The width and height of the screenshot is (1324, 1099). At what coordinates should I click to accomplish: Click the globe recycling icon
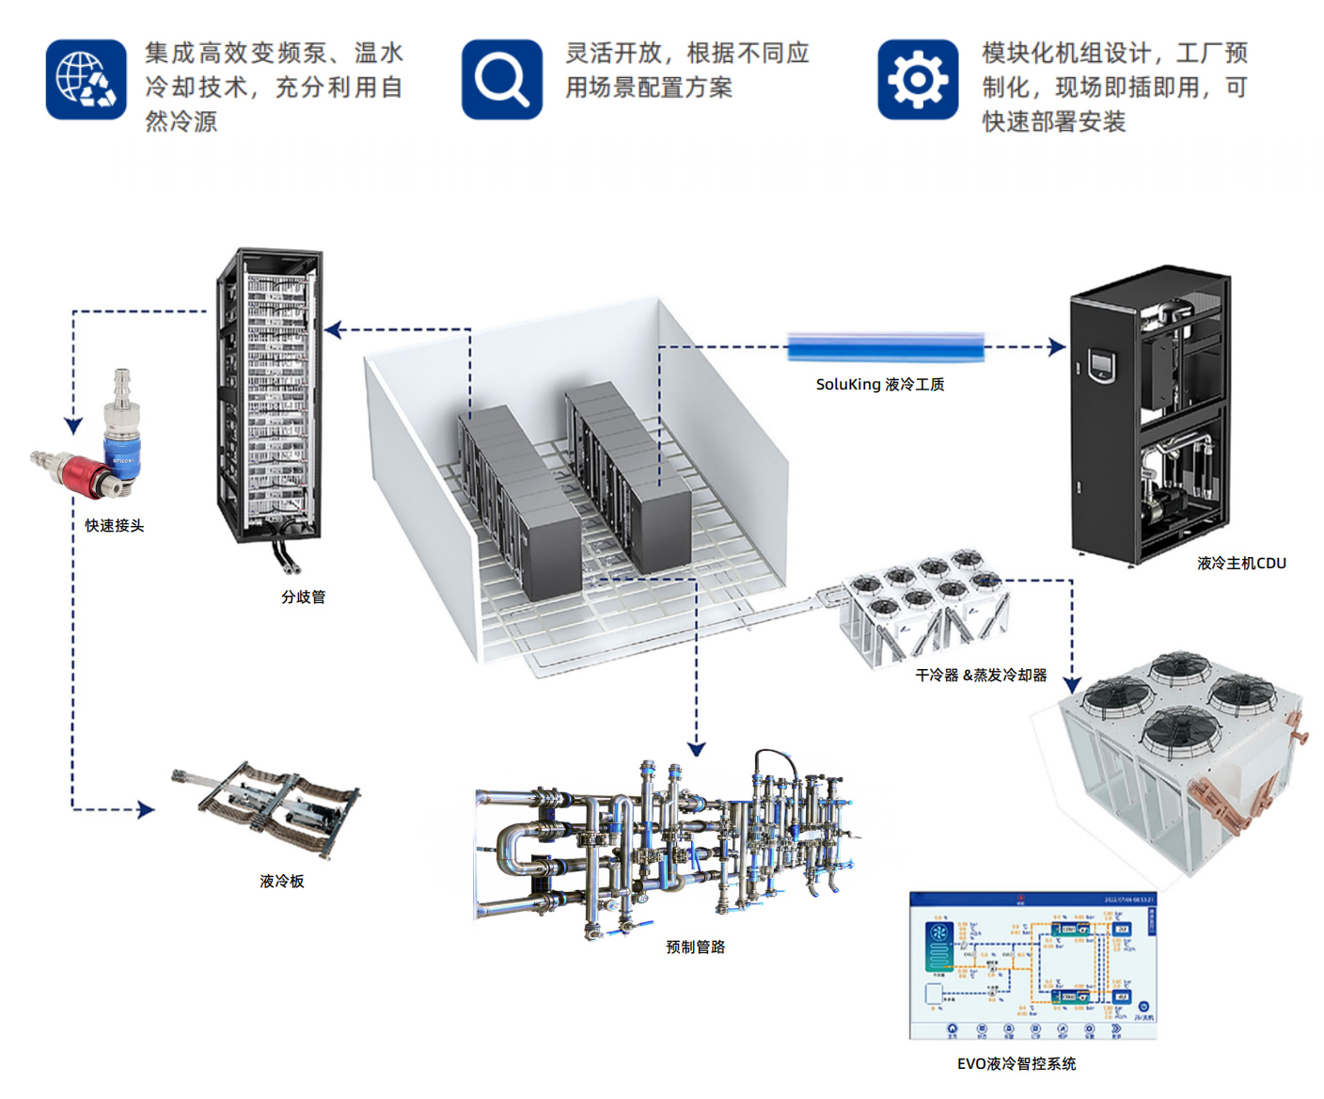(x=86, y=79)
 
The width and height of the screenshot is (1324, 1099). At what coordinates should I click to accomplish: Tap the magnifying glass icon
(x=501, y=79)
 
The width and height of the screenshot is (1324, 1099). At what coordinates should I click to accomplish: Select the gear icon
(x=918, y=79)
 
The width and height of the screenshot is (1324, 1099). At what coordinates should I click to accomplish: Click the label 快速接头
(x=115, y=526)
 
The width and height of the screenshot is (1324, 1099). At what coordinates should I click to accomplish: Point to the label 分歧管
(x=303, y=597)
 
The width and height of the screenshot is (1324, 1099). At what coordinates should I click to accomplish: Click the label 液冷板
(x=282, y=881)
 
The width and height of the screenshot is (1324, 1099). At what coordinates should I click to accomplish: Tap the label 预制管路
(x=696, y=947)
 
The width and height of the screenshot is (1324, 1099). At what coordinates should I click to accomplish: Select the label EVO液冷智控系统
(x=1017, y=1063)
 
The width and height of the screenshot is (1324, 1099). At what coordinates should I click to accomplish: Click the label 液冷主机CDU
(x=1241, y=563)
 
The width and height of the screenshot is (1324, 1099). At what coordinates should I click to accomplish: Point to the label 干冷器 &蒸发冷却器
(x=981, y=675)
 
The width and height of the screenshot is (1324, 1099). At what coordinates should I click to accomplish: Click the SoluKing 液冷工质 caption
(x=880, y=384)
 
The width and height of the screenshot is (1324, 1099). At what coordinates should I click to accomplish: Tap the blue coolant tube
(x=885, y=347)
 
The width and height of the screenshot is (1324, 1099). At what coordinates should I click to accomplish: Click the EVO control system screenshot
(x=1032, y=965)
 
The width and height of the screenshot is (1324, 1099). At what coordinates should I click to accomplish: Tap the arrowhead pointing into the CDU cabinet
(x=1058, y=347)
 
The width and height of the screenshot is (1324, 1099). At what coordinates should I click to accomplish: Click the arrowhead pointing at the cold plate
(x=147, y=809)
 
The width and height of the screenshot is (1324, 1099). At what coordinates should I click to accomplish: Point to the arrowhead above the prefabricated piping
(x=696, y=749)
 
